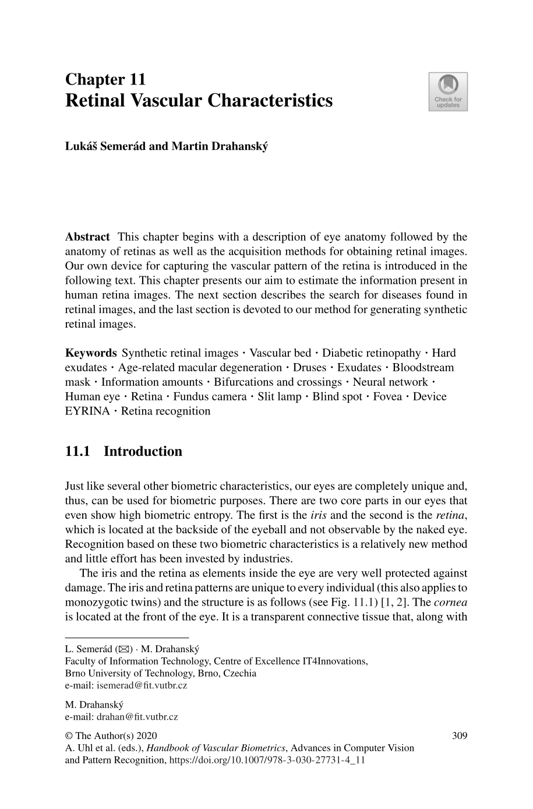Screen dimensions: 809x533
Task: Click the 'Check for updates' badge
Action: [x=447, y=92]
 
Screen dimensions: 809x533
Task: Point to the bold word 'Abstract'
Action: [x=87, y=237]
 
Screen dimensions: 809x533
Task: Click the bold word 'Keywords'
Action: [x=91, y=353]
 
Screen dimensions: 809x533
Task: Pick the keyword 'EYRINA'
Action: [x=87, y=411]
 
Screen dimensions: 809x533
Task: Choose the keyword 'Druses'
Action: [x=309, y=367]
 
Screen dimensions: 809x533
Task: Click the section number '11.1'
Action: [x=77, y=451]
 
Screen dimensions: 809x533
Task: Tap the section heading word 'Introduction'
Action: [x=143, y=451]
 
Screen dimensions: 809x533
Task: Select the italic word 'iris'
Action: [x=318, y=515]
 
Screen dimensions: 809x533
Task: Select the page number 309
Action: [x=460, y=736]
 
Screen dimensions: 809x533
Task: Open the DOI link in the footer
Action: [x=266, y=760]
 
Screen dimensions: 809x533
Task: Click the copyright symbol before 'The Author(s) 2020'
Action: [x=69, y=736]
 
